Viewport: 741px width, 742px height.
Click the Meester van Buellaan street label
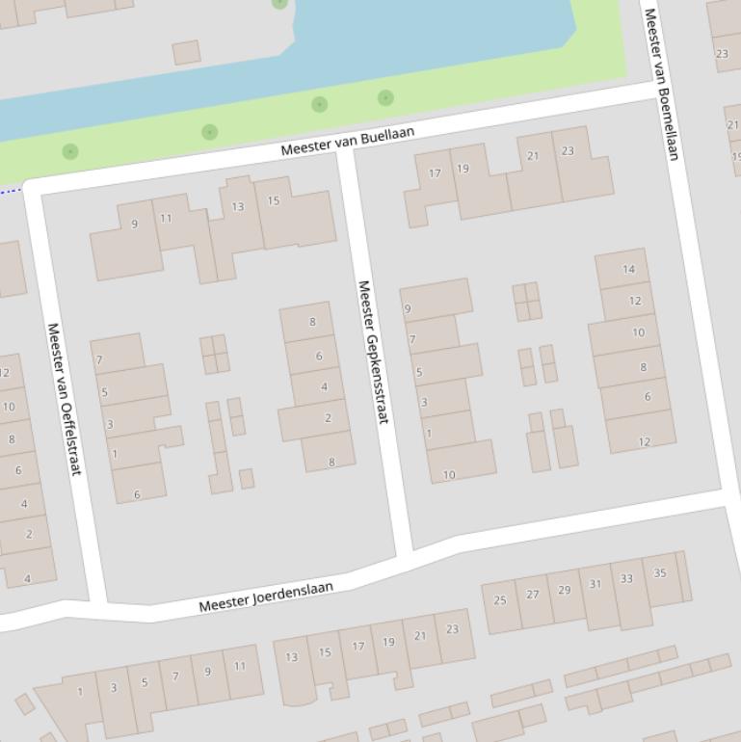(347, 141)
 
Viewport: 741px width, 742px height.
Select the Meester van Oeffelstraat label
(64, 398)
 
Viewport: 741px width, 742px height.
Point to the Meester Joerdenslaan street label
(266, 596)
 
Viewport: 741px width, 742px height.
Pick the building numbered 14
(628, 269)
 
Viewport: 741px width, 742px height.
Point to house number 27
(533, 595)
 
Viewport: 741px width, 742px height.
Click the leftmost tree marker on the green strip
(69, 151)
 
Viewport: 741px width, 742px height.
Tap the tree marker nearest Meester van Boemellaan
(385, 97)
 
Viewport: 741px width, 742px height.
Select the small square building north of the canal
(186, 52)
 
